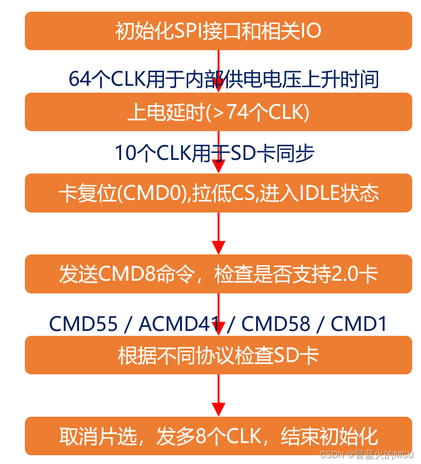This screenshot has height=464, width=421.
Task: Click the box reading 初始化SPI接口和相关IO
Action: [218, 31]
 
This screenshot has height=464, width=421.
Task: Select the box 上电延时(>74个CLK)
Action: [218, 113]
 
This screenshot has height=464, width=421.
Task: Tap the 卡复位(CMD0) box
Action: [218, 193]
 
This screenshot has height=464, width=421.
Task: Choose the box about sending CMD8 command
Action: [218, 274]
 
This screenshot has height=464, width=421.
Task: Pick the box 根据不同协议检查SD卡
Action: [218, 355]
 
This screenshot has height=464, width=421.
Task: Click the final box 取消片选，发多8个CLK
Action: [218, 436]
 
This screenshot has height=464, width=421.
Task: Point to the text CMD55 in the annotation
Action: [83, 324]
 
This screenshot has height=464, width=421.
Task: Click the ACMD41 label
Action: [178, 324]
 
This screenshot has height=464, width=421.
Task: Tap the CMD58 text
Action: [276, 324]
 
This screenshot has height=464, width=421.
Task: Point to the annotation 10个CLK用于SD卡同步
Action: [215, 153]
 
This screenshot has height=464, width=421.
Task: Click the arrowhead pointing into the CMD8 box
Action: [219, 247]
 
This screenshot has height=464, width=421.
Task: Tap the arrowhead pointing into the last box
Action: [219, 409]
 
